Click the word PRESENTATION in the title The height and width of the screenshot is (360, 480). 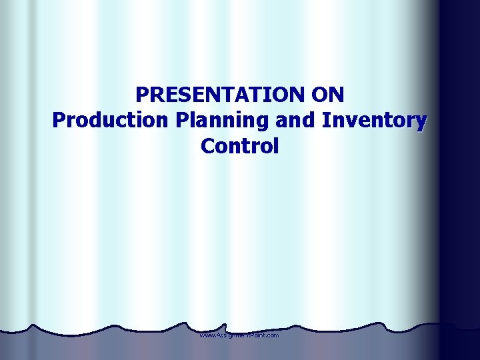click(x=219, y=95)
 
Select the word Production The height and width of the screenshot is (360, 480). click(x=111, y=121)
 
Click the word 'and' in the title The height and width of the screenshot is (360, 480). click(x=294, y=121)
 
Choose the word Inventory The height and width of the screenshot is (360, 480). click(x=374, y=121)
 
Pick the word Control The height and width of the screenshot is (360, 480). click(x=239, y=146)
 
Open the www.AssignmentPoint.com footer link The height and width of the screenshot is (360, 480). click(x=239, y=335)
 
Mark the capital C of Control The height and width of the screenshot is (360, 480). click(x=207, y=146)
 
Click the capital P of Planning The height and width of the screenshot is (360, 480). click(x=182, y=121)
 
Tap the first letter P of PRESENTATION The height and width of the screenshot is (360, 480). click(x=142, y=95)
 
